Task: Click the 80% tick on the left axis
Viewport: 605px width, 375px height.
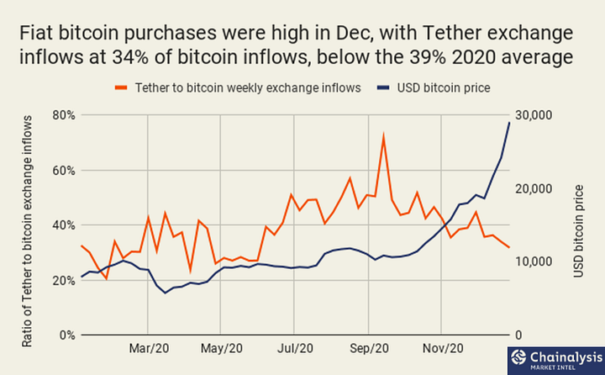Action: coord(64,115)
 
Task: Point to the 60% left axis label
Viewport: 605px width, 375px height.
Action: coord(64,171)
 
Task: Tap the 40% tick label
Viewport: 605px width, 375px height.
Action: coord(64,225)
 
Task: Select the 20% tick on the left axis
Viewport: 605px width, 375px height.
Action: coord(64,281)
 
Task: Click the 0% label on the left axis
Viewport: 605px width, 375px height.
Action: coord(67,335)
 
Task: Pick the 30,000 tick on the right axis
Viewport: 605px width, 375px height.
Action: coord(534,115)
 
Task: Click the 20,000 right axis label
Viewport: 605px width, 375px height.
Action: coord(534,189)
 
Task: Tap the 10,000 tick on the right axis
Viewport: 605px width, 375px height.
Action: coord(534,261)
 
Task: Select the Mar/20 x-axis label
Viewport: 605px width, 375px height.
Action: coord(149,348)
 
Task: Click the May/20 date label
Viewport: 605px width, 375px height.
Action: coord(222,348)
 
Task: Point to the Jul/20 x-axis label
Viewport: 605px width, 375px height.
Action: coord(295,348)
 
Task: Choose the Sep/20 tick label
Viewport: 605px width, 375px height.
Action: coord(369,348)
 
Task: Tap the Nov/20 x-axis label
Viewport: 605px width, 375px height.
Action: coord(443,348)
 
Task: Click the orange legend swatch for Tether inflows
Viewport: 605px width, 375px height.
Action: coord(121,88)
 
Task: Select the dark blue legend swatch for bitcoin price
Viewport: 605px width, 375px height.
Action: coord(383,88)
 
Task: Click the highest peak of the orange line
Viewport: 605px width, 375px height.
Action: coord(383,135)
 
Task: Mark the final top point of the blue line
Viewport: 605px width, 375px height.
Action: coord(509,123)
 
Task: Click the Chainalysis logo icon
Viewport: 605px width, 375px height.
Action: coord(518,357)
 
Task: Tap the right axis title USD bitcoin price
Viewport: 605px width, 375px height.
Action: coord(578,231)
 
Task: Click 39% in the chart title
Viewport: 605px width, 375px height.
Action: coord(428,57)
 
